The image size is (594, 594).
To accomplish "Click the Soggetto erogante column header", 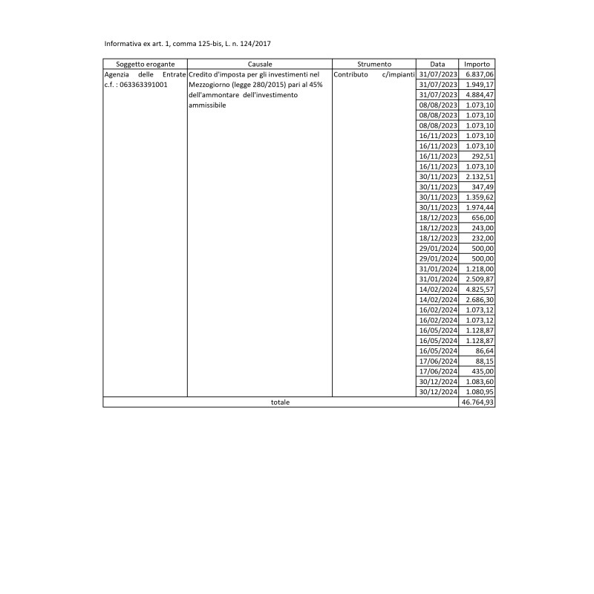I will point(146,65).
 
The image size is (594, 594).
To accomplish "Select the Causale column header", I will point(260,65).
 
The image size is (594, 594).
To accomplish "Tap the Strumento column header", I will point(374,65).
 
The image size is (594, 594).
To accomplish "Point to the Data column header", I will point(438,65).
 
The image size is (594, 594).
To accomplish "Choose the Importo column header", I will point(477,65).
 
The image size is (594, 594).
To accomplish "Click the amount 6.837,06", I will point(480,75).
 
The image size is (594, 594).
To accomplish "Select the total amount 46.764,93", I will point(478,402).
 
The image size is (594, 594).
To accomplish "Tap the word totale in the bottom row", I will point(281,402).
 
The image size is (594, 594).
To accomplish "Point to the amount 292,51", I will point(483,156).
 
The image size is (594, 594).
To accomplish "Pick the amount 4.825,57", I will point(480,289).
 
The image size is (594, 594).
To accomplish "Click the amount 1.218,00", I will point(480,268).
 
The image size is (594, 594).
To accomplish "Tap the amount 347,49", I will point(483,187).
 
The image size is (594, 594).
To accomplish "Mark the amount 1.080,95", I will point(480,391).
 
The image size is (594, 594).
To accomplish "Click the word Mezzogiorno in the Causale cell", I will point(209,85).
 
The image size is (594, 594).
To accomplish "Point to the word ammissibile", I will point(207,105).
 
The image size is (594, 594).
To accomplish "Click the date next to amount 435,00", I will point(438,371).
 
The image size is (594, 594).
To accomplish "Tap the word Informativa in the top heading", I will point(125,44).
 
